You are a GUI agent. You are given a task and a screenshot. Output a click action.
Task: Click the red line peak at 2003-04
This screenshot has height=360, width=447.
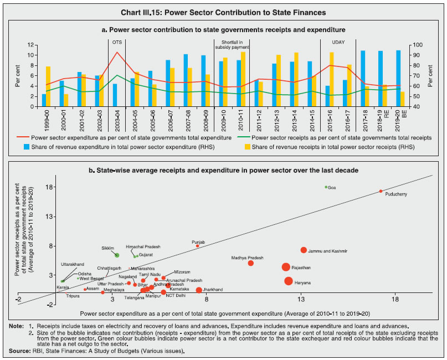click(x=116, y=53)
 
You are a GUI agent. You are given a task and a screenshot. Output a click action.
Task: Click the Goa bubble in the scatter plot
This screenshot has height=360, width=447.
click(x=326, y=187)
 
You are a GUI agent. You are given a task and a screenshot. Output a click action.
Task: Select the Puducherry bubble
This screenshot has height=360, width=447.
click(x=381, y=191)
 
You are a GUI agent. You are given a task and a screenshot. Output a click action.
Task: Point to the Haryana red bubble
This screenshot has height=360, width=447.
click(x=289, y=281)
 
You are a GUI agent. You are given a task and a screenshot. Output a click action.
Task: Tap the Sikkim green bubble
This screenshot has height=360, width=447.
click(x=117, y=255)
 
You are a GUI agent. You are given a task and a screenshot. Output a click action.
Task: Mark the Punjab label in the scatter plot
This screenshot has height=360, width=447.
click(x=198, y=242)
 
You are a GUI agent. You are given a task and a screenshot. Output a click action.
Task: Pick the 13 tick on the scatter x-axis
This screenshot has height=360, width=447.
click(x=301, y=300)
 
